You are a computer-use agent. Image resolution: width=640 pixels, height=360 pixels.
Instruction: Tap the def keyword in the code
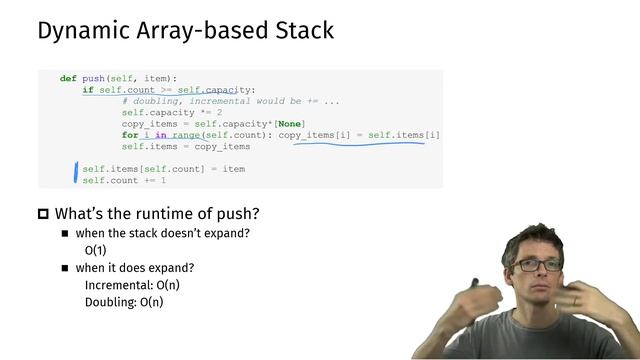click(68, 78)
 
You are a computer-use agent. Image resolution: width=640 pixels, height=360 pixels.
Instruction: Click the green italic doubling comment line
click(231, 101)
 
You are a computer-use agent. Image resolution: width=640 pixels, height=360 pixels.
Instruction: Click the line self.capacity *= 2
click(172, 113)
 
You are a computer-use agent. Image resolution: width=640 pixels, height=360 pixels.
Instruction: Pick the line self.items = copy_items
click(186, 147)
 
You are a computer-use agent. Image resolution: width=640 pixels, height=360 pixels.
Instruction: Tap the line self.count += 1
click(124, 181)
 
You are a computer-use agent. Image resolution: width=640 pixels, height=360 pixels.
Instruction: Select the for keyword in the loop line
click(130, 135)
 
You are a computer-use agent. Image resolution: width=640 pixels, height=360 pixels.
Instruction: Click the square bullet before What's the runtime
click(43, 214)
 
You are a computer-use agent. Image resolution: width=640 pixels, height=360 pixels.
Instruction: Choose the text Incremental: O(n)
click(132, 285)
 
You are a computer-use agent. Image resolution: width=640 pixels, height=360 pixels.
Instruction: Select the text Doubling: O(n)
click(124, 302)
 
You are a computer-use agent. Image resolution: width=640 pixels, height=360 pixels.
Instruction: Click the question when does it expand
click(135, 267)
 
